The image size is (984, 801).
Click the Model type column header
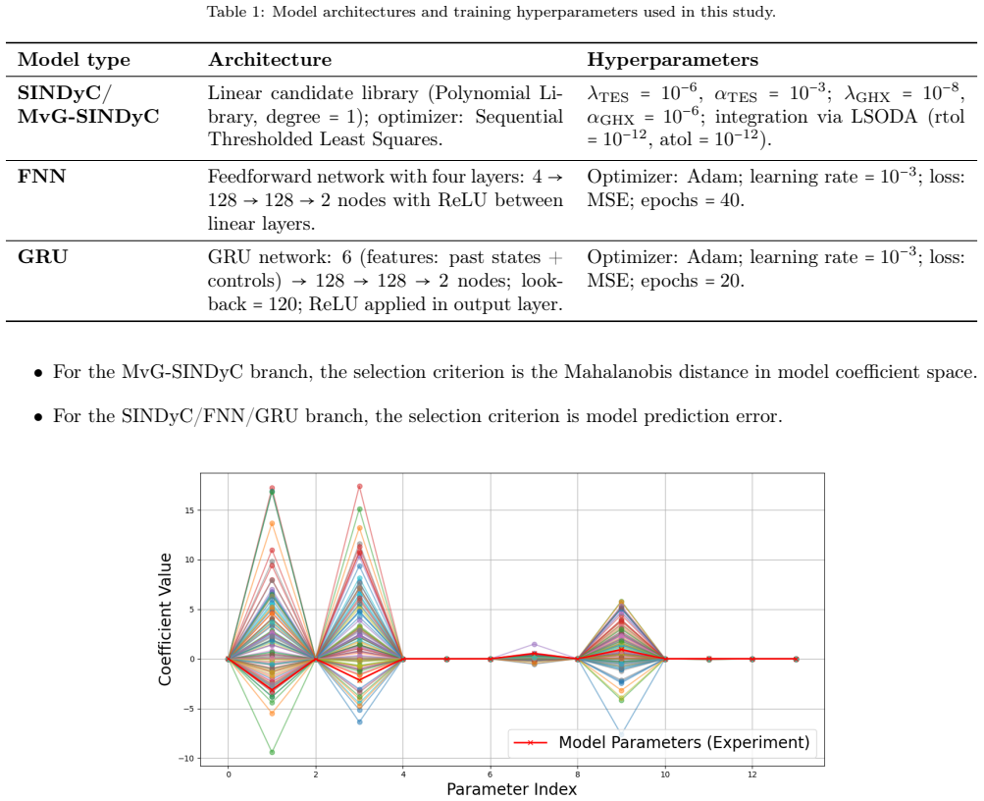pyautogui.click(x=74, y=60)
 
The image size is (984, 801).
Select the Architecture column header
pyautogui.click(x=270, y=60)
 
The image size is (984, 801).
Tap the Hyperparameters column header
pyautogui.click(x=673, y=60)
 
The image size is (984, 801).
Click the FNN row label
pyautogui.click(x=41, y=177)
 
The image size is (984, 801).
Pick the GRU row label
pyautogui.click(x=42, y=257)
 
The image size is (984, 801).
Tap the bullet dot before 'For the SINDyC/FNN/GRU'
pyautogui.click(x=39, y=417)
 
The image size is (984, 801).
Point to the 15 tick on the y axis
pyautogui.click(x=189, y=510)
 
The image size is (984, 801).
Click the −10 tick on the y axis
pyautogui.click(x=186, y=759)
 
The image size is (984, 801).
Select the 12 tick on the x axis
pyautogui.click(x=752, y=774)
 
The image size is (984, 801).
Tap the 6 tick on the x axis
pyautogui.click(x=491, y=774)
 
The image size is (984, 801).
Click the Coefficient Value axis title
pyautogui.click(x=165, y=619)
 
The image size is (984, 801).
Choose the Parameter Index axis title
pyautogui.click(x=511, y=789)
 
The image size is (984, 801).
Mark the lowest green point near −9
pyautogui.click(x=272, y=752)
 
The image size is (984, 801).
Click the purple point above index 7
pyautogui.click(x=534, y=645)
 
